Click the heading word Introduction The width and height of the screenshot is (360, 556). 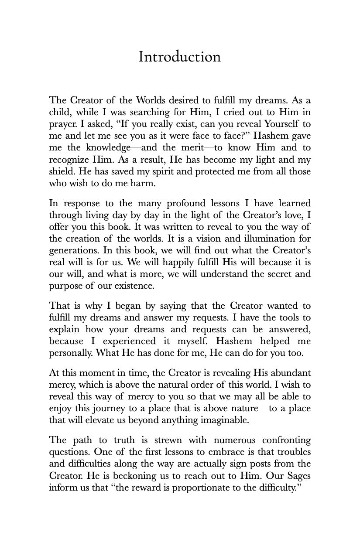point(179,57)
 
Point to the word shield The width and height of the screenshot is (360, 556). point(60,171)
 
